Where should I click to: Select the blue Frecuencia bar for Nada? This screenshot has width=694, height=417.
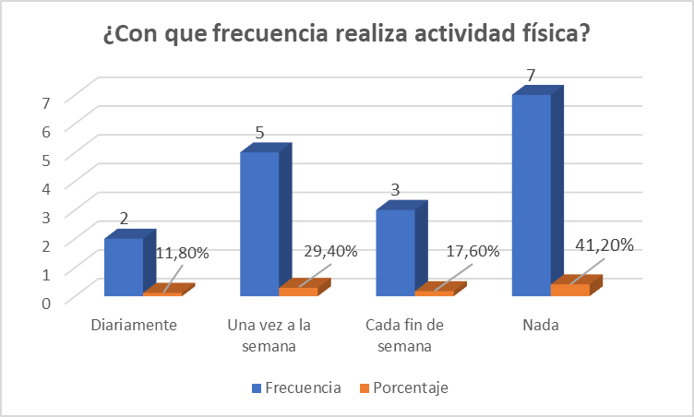click(532, 194)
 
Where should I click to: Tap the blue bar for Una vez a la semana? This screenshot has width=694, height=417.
click(259, 223)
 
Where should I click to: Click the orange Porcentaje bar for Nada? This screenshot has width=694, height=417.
click(569, 290)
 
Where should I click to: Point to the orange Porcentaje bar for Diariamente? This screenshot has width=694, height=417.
click(162, 293)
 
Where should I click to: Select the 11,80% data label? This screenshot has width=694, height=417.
click(183, 252)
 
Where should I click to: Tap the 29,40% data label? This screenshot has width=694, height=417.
click(329, 252)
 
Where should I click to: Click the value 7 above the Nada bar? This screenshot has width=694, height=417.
click(530, 76)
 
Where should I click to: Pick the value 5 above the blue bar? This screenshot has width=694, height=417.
click(259, 133)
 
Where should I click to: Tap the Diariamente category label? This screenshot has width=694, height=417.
click(134, 326)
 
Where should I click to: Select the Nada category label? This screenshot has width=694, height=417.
click(540, 326)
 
